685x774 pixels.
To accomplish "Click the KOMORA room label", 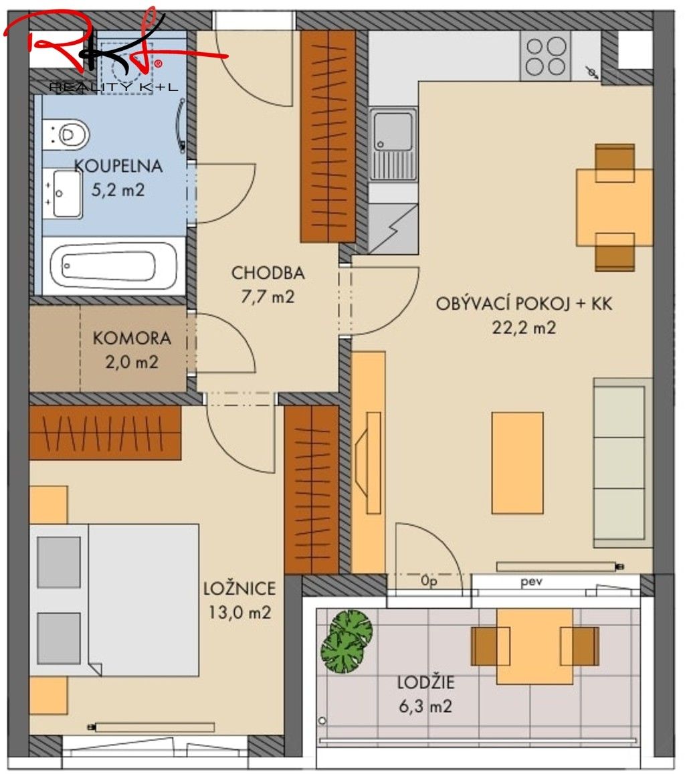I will tap(132, 338).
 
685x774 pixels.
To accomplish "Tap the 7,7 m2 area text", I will tap(268, 297).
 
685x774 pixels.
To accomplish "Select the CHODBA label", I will tap(268, 273).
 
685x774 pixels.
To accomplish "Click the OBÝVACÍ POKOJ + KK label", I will tap(524, 304).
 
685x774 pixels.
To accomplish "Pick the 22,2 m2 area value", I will tap(524, 328).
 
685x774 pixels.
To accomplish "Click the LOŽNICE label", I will tap(239, 589).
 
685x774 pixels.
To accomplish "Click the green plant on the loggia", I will tap(346, 640).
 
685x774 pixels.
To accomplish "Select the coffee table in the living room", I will tap(518, 462).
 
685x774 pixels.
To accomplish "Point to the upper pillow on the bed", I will tap(59, 562).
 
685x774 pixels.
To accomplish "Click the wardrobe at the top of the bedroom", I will tap(105, 432).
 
